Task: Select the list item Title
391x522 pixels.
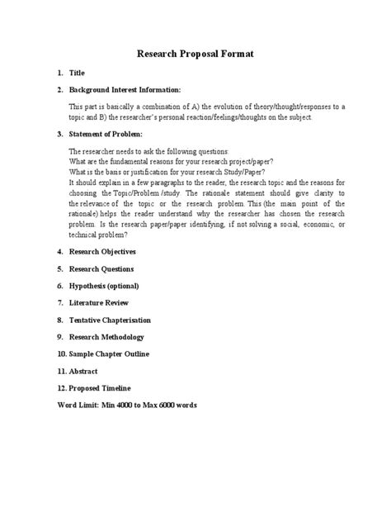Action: [78, 74]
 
